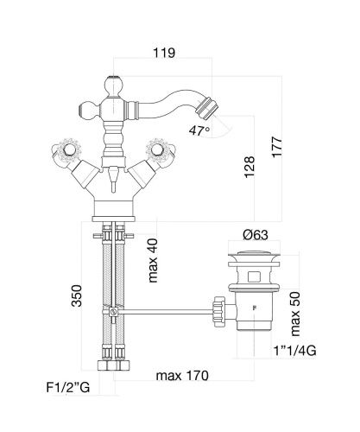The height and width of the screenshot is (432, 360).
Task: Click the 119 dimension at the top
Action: click(x=164, y=54)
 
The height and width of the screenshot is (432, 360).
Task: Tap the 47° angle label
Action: click(x=199, y=130)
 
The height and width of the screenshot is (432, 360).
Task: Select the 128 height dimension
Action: click(x=249, y=167)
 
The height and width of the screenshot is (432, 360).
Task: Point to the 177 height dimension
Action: click(x=277, y=147)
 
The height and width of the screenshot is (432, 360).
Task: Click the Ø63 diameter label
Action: click(x=256, y=235)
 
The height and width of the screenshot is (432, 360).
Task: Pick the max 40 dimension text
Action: click(x=153, y=260)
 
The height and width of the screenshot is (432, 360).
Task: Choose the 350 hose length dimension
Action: click(x=77, y=295)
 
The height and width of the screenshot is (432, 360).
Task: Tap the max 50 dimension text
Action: click(x=295, y=314)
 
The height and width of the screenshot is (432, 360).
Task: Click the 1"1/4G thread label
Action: click(x=294, y=351)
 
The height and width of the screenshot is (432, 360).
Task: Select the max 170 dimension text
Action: click(x=182, y=376)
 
